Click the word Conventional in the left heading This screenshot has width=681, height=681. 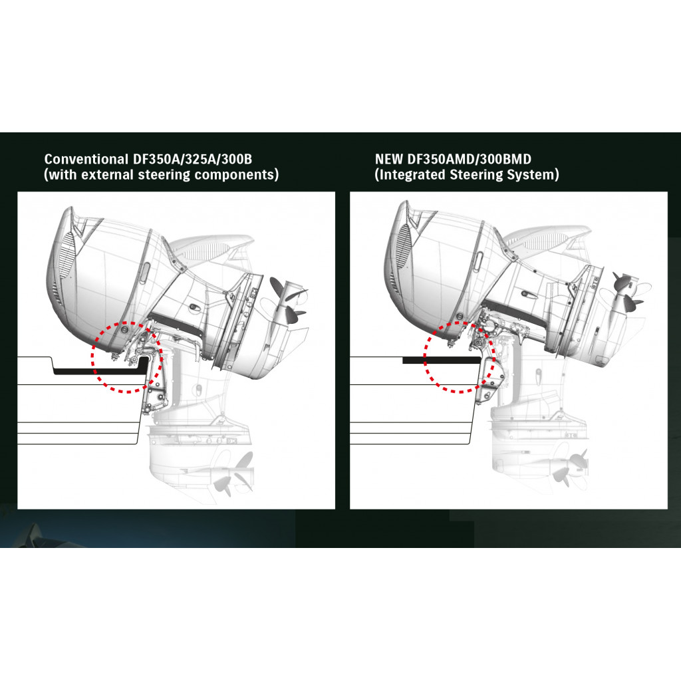(x=86, y=159)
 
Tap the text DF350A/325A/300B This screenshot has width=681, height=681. (x=192, y=159)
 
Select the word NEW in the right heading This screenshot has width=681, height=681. (x=388, y=159)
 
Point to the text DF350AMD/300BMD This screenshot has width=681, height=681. (x=469, y=159)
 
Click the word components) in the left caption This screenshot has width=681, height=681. (x=237, y=175)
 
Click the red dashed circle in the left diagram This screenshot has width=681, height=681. (x=92, y=357)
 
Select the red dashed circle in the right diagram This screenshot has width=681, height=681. (x=424, y=357)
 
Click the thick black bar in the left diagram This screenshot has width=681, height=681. (x=98, y=371)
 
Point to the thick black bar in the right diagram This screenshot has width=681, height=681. (x=442, y=360)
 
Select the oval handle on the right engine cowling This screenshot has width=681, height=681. (x=477, y=261)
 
